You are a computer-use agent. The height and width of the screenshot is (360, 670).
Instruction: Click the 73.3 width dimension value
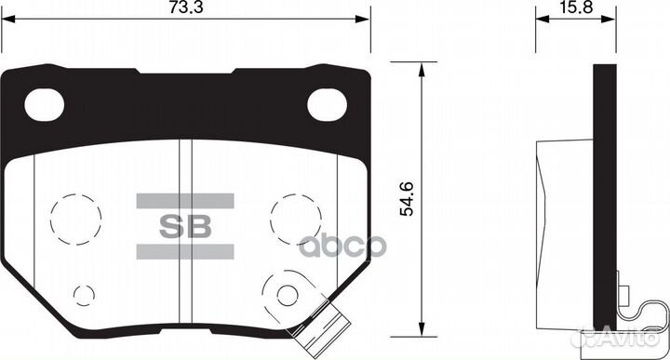coord(187,8)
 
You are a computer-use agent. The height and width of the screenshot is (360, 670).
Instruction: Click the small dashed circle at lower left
coord(84,296)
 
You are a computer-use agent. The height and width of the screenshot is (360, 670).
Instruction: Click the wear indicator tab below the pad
coord(334,327)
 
